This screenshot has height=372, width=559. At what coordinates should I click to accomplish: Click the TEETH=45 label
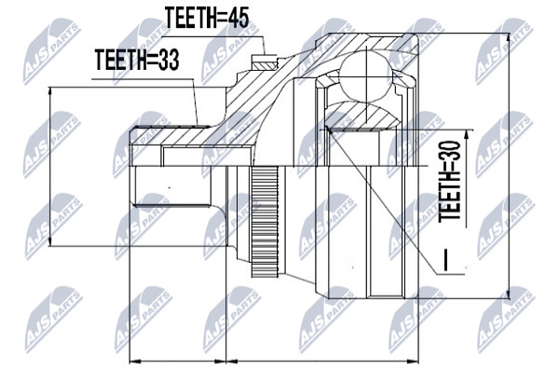207,17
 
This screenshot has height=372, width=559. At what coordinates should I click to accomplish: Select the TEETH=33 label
137,60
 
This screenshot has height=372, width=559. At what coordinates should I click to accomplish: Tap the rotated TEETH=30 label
450,182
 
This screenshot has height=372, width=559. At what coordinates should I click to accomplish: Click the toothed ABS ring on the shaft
265,222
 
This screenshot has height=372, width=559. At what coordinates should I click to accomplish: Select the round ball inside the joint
366,77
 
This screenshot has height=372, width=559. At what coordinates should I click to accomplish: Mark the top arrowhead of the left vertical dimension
50,91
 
